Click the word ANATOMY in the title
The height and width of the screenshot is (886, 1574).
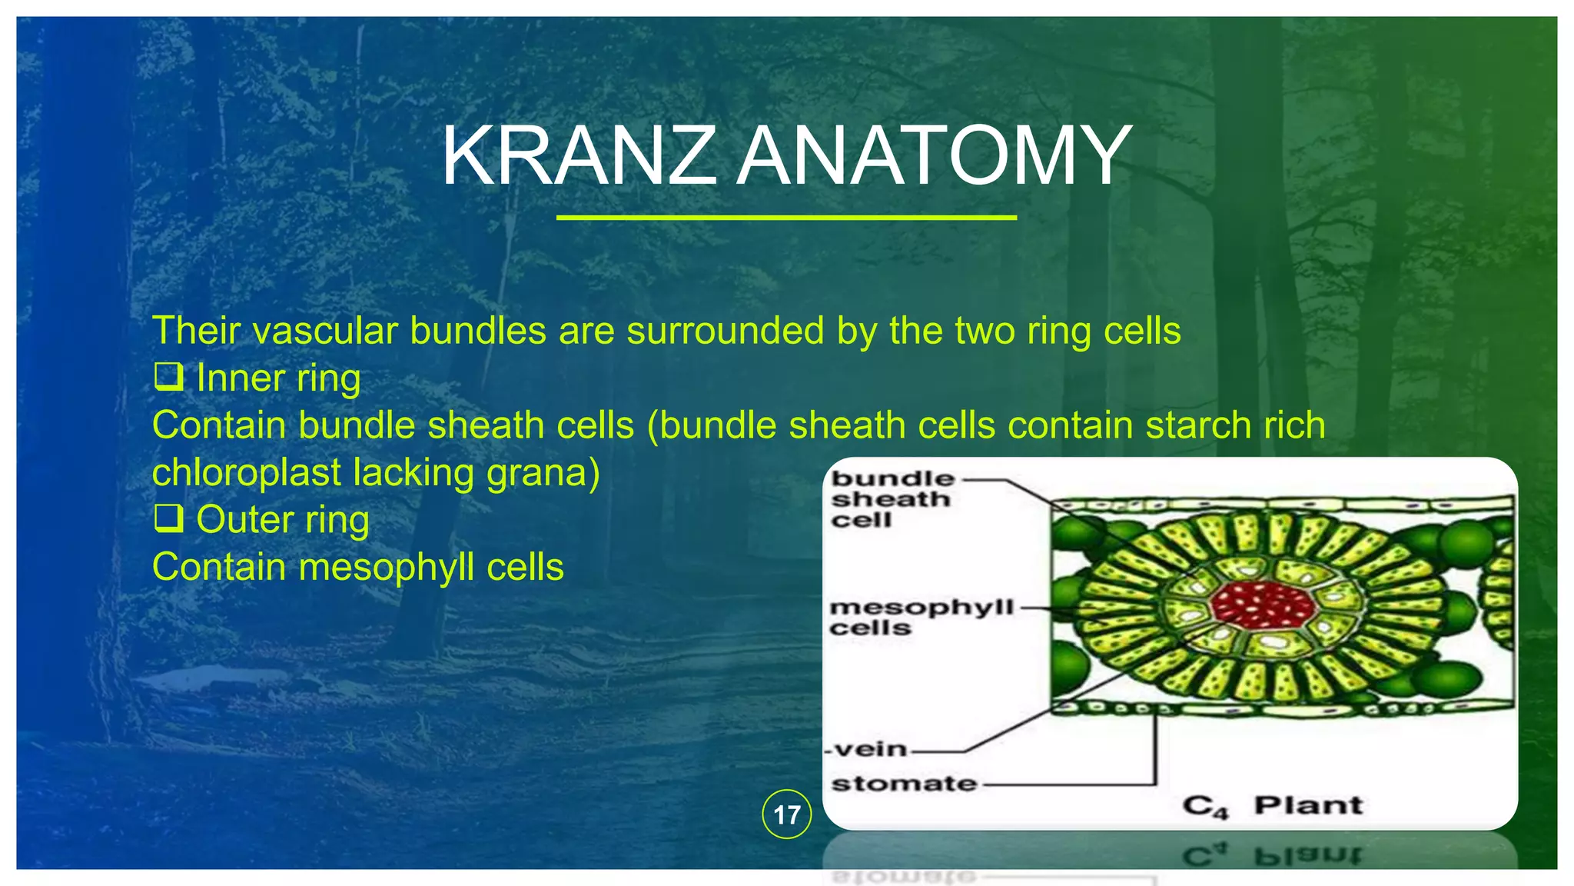(934, 157)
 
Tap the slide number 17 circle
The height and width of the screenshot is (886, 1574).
(786, 814)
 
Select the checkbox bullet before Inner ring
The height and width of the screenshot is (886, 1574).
(168, 378)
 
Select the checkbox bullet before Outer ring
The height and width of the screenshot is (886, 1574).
(168, 519)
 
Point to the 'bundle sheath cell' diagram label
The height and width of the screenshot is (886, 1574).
(892, 499)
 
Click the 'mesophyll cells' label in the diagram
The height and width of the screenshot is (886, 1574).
(920, 618)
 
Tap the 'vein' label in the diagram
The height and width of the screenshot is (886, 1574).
(871, 749)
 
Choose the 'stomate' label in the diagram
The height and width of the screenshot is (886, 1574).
(904, 784)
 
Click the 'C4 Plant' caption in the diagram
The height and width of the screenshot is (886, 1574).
(1272, 806)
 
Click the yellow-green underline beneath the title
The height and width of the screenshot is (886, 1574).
(786, 218)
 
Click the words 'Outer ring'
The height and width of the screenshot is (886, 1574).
(283, 520)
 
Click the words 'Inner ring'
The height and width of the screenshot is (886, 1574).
(278, 378)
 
